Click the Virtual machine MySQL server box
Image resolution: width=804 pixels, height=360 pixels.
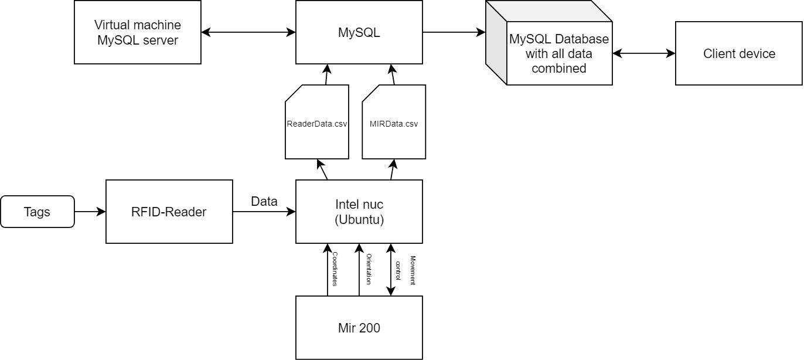(x=138, y=32)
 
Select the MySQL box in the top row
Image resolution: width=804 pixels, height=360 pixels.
(x=359, y=32)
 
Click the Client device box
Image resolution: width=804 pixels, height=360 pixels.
(x=739, y=54)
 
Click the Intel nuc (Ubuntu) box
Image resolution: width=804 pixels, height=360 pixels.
(x=359, y=212)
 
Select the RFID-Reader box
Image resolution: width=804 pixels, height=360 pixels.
(x=169, y=212)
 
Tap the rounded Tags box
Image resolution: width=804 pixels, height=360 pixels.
(x=38, y=212)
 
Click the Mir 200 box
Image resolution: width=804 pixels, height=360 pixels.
(x=359, y=328)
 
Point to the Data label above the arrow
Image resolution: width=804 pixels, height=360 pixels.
(x=264, y=202)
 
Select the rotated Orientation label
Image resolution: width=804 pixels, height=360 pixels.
(x=369, y=269)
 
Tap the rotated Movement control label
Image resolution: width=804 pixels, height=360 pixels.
(x=406, y=270)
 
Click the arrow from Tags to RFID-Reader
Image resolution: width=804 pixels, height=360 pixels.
(x=90, y=212)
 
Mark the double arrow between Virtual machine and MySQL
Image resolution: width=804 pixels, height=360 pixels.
(x=248, y=32)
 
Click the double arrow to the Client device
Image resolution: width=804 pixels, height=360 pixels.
(x=643, y=54)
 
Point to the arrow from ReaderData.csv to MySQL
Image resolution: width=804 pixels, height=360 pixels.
(x=326, y=74)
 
